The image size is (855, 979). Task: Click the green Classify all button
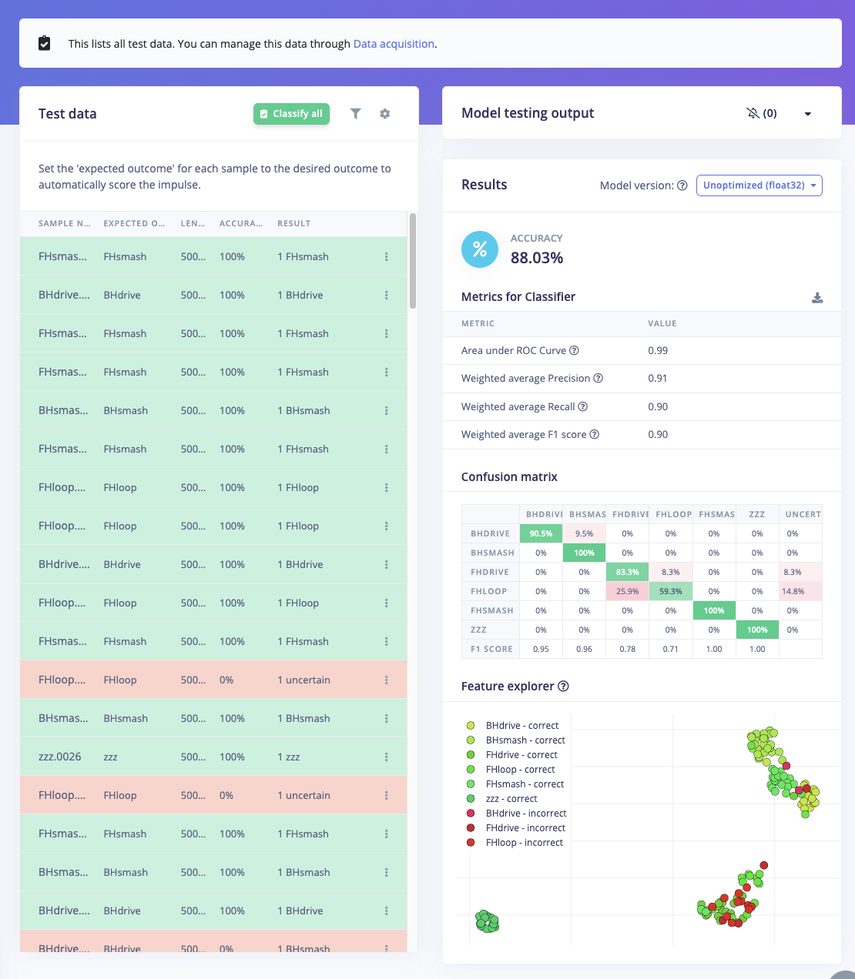pos(291,114)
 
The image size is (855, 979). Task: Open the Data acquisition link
pos(394,44)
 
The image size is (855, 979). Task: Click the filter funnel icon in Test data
pos(356,114)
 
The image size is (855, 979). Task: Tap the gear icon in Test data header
pos(385,114)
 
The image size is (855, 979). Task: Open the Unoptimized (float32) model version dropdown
pos(759,185)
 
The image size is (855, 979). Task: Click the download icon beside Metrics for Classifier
pos(817,298)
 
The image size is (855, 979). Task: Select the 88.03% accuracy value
pos(536,258)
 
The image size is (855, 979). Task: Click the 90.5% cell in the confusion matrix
pos(541,533)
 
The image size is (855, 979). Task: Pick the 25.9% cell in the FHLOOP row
pos(627,591)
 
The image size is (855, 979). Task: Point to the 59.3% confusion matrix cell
pos(670,591)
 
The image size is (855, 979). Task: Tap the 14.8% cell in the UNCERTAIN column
pos(793,591)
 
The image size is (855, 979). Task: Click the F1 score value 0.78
pos(627,649)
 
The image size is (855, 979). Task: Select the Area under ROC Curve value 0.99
pos(658,350)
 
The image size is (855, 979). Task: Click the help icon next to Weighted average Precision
pos(598,378)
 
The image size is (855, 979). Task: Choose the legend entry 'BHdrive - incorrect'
pos(525,814)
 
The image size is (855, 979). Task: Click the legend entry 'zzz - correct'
pos(511,799)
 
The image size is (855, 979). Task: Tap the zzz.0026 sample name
pos(60,757)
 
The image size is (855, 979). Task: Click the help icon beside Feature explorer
pos(563,687)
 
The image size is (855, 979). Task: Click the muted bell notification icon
pos(753,113)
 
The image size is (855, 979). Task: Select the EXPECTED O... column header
pos(134,223)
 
